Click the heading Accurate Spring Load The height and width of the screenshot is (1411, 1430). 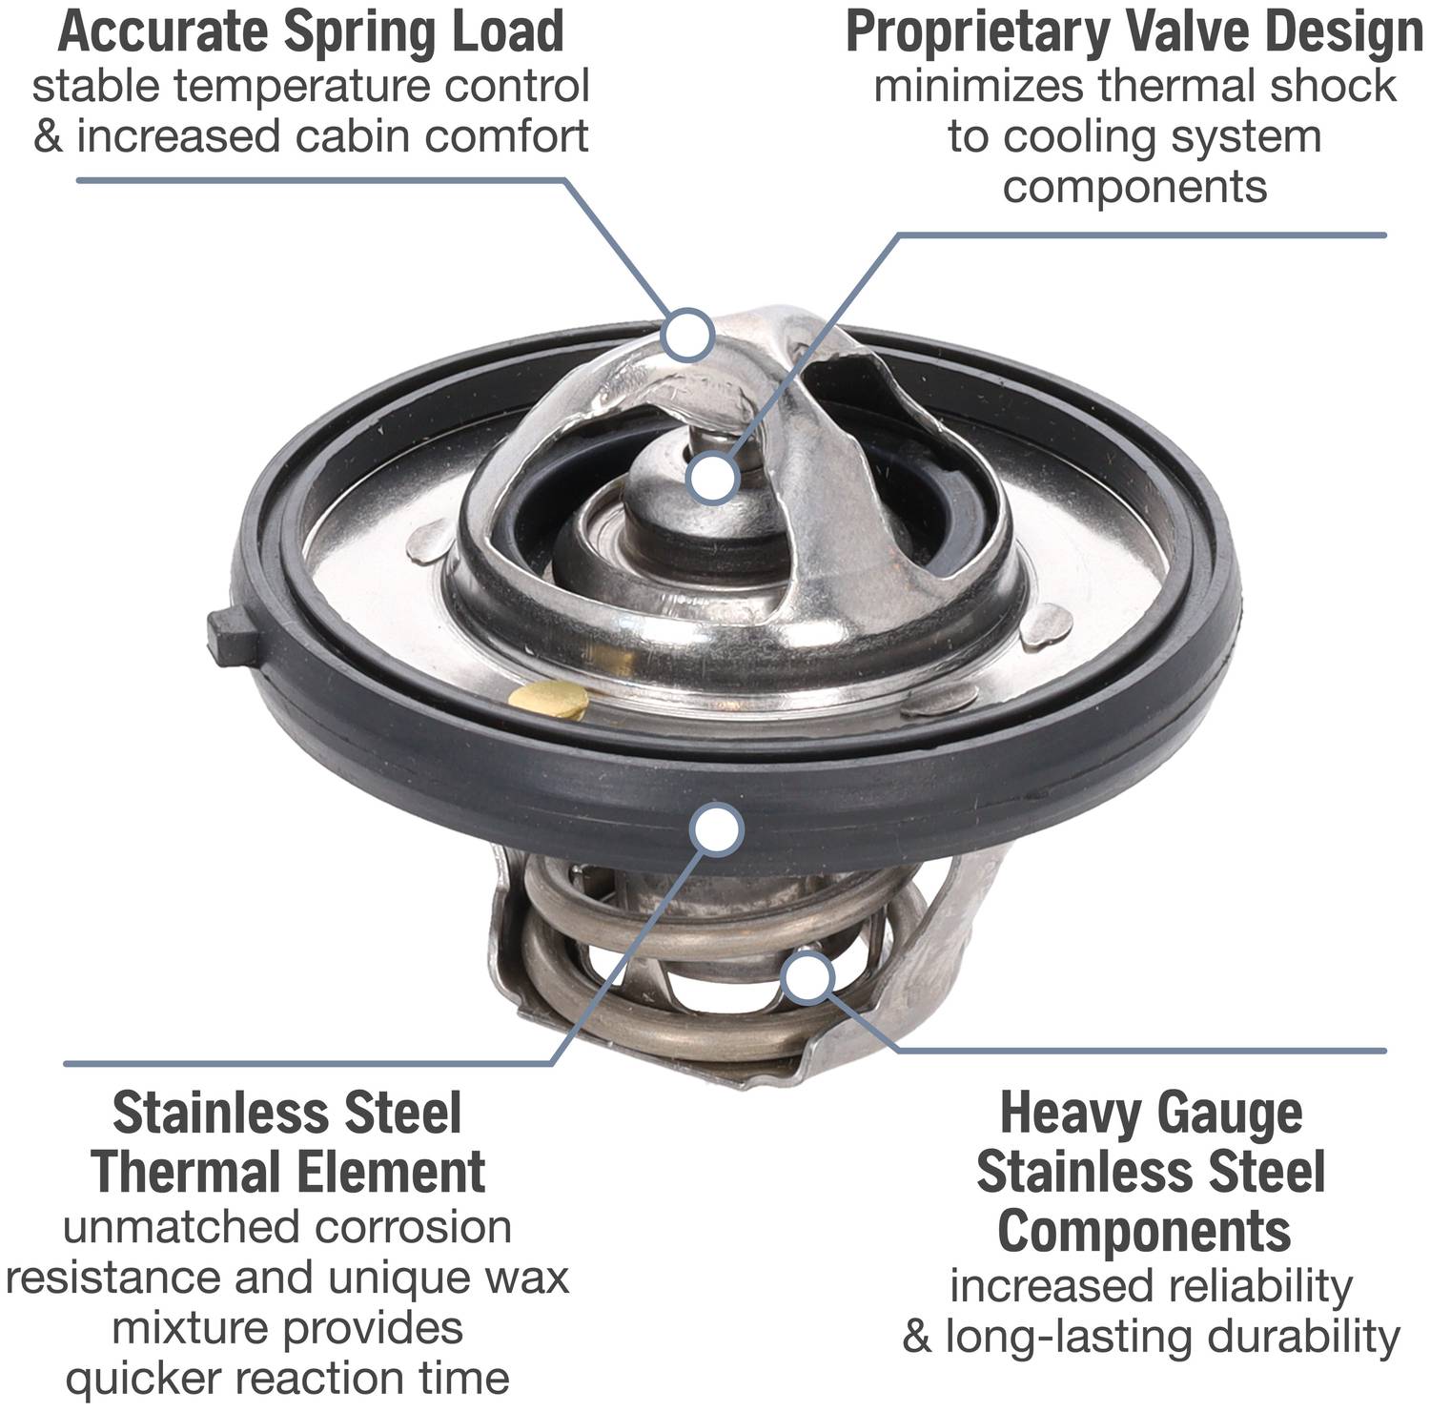click(x=311, y=31)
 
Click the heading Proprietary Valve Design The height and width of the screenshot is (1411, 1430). click(x=1134, y=32)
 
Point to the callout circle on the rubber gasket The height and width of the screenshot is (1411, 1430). click(x=717, y=828)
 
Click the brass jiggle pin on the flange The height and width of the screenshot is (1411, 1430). click(x=549, y=700)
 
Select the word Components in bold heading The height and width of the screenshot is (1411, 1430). click(x=1144, y=1231)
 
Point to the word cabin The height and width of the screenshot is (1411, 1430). click(x=352, y=135)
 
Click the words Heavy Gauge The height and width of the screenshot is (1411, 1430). click(x=1151, y=1113)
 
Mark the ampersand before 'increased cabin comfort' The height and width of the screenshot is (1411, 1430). click(x=47, y=135)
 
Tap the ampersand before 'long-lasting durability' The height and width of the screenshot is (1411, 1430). click(x=916, y=1337)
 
